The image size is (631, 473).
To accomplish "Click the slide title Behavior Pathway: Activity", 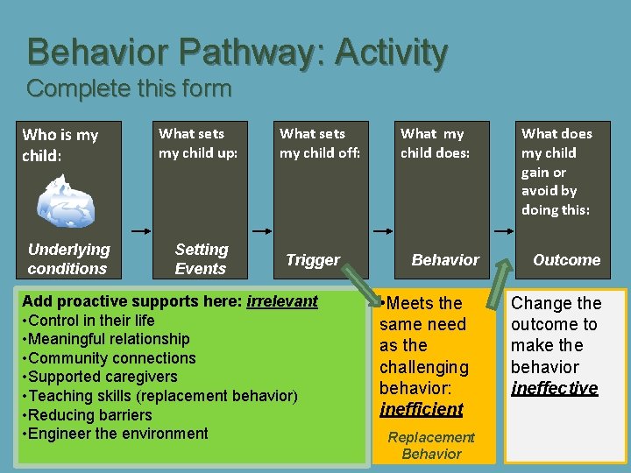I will pos(238,53).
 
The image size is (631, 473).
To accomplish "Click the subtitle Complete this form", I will pos(129,88).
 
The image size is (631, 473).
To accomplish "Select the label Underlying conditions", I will pos(68,259).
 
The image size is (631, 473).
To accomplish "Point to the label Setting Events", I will pos(201,259).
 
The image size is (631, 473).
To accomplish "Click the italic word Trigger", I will pos(313,260).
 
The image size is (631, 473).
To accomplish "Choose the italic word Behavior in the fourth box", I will pos(445,260).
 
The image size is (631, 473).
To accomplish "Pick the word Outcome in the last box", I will pos(566,260).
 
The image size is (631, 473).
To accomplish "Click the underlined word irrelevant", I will pos(282,301).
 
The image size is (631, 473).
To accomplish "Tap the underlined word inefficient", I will pos(422,409).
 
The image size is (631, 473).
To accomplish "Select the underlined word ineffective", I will pos(555,388).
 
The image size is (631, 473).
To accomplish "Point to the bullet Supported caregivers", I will pos(103,377).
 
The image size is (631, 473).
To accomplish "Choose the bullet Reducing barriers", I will pos(90,415).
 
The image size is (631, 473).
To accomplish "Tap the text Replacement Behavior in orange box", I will pos(431,445).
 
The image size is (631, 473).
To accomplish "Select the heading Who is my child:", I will pos(60,145).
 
